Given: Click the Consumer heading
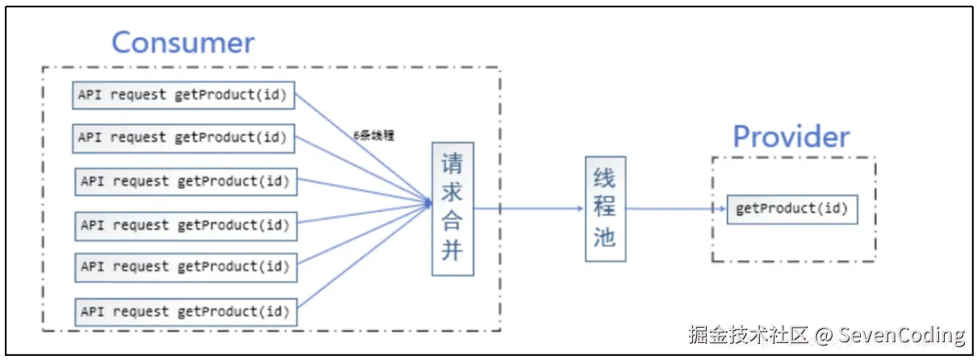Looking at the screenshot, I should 182,42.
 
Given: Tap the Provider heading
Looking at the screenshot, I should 791,136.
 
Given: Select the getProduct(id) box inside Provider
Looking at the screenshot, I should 791,209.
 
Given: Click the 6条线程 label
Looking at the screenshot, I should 374,136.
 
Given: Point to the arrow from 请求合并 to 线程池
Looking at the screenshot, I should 528,208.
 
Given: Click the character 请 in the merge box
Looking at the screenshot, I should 452,165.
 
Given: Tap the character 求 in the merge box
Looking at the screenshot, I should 452,194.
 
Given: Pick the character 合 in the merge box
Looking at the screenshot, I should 452,222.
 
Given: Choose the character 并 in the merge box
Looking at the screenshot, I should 452,250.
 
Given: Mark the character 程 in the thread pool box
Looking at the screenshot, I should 605,207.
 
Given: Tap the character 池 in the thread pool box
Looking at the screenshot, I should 605,237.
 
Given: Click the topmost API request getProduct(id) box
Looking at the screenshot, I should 182,94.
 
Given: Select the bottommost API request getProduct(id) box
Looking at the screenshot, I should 185,312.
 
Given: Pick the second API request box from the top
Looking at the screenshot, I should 182,137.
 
